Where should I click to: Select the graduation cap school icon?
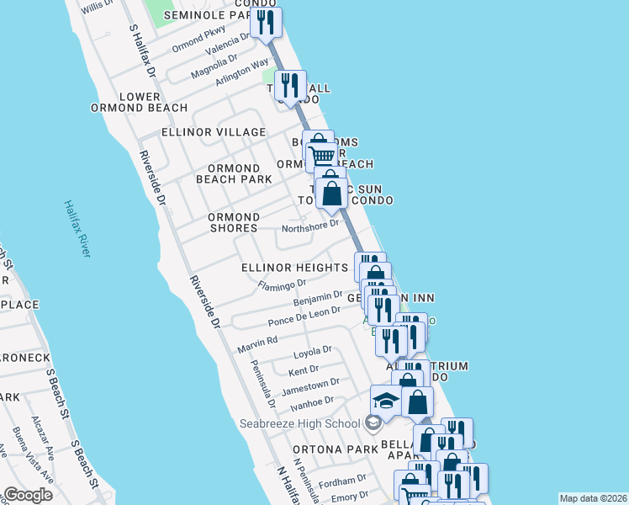click(x=386, y=400)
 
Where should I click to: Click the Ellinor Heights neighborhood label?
click(x=294, y=268)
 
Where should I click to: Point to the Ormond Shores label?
click(x=234, y=222)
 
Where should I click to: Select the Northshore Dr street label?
click(x=309, y=225)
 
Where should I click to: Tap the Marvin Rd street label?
click(x=257, y=343)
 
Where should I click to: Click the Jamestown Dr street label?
click(x=311, y=385)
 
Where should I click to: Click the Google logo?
click(x=28, y=495)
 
